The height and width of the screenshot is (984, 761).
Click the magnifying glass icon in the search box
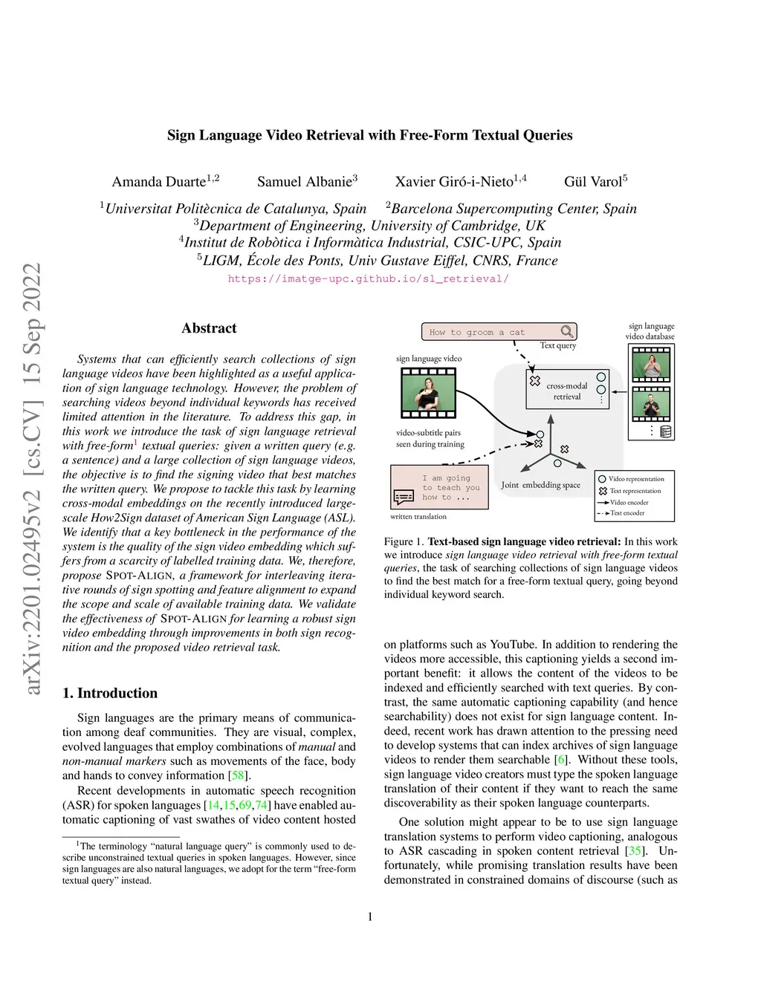point(567,332)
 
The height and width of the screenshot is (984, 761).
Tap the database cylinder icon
point(666,431)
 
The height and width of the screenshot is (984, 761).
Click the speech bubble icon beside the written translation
point(404,496)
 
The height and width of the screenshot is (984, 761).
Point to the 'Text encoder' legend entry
point(626,513)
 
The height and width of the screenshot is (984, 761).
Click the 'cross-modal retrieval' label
point(567,391)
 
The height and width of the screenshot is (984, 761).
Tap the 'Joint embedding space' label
point(540,485)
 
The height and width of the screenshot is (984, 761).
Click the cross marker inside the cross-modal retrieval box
point(534,381)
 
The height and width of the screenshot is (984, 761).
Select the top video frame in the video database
point(651,365)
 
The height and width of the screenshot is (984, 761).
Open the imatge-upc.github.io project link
point(369,278)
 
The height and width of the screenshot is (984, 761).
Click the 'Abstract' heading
point(209,328)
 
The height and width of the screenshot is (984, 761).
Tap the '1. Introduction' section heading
point(110,693)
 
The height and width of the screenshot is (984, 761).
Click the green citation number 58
point(238,775)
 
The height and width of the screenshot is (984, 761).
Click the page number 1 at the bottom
point(370,916)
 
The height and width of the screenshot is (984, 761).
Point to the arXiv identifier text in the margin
point(33,479)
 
